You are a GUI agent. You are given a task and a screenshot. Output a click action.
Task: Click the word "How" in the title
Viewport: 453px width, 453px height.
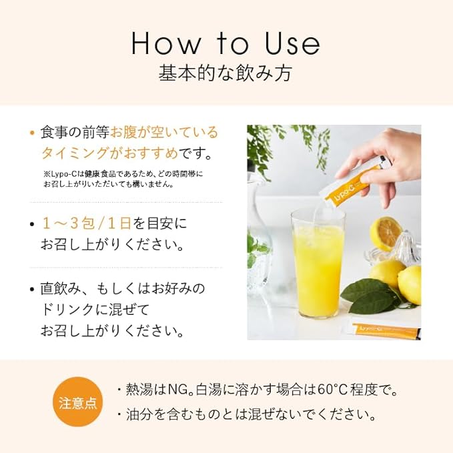click(x=166, y=43)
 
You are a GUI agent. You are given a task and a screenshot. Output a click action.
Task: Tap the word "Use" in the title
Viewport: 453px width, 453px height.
click(x=292, y=43)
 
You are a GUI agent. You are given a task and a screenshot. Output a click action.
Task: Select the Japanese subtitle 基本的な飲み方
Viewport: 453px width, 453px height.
click(x=225, y=73)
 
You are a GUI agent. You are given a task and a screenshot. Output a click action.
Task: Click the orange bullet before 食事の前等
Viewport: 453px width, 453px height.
click(x=32, y=133)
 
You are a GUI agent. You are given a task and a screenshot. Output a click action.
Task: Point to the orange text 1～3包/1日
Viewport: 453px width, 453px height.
click(x=87, y=223)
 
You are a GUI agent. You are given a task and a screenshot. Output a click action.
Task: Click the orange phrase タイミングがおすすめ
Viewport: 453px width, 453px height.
click(x=110, y=153)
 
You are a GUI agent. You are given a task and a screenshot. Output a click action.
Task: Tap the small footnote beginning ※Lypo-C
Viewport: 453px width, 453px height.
click(x=123, y=179)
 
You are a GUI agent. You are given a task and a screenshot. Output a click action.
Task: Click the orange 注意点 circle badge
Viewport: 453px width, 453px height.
click(x=77, y=402)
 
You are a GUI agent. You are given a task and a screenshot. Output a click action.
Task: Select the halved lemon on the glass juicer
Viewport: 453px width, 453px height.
click(x=386, y=234)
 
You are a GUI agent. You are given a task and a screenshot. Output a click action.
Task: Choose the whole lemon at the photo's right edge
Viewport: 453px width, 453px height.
click(x=410, y=285)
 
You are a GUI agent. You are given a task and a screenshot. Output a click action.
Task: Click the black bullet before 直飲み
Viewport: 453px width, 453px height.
click(x=32, y=290)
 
